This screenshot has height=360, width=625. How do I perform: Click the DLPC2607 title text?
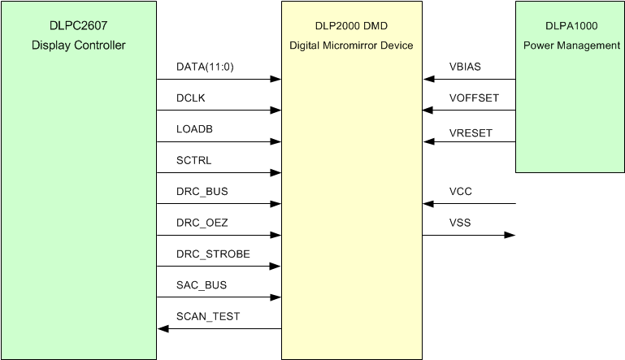(x=79, y=24)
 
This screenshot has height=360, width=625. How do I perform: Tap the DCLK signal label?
(x=191, y=98)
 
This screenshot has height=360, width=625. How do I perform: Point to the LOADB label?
(x=195, y=128)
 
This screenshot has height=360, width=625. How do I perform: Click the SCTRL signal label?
(x=193, y=160)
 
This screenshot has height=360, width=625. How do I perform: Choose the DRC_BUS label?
(x=202, y=191)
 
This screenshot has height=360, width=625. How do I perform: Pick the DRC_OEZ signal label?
(x=202, y=223)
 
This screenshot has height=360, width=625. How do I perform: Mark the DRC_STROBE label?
(x=213, y=254)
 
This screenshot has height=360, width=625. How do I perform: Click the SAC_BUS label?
(x=202, y=285)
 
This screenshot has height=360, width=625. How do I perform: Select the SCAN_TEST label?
(x=208, y=316)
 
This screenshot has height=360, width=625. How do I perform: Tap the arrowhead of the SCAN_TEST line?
(x=163, y=329)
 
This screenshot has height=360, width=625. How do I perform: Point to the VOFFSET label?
(x=474, y=98)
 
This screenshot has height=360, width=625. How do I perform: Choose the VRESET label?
(x=471, y=132)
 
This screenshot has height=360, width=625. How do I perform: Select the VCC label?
(x=461, y=191)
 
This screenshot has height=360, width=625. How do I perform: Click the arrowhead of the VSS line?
(x=510, y=236)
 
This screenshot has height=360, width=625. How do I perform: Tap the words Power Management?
(x=571, y=46)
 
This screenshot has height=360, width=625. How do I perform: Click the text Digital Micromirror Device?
(x=352, y=46)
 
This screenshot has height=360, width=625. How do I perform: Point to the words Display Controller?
(x=79, y=45)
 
